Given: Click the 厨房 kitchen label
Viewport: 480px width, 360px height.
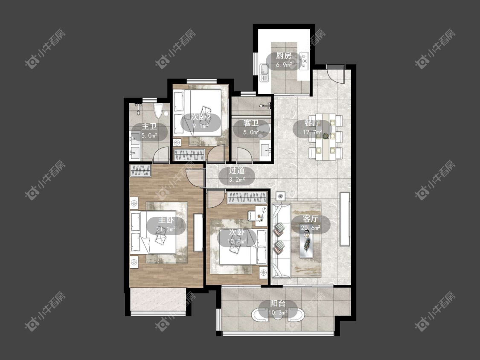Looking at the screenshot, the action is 283,56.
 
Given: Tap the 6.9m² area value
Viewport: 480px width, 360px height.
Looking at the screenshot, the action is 284,65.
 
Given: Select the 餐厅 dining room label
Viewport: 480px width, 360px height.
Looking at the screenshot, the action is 312,123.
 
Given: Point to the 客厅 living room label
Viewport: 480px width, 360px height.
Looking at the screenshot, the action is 311,219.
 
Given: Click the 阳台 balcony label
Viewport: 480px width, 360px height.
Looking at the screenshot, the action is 278,303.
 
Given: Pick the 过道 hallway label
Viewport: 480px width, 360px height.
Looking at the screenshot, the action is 237,171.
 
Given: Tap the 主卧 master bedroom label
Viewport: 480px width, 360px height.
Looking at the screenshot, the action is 166,220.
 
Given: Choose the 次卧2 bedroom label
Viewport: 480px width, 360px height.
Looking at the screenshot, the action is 201,116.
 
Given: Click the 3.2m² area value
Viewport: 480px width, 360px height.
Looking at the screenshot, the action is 237,180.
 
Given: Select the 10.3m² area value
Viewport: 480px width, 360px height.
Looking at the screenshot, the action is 278,313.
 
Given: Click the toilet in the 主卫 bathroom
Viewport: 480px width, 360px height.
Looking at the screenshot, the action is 158,111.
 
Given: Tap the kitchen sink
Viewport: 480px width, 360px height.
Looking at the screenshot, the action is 265,73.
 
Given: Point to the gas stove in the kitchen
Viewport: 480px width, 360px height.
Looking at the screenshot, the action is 305,61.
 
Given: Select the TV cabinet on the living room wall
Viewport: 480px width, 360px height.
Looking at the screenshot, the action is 345,218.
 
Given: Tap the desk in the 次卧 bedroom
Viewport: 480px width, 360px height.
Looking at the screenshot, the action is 261,216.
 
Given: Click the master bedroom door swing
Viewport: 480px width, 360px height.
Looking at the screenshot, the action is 195,177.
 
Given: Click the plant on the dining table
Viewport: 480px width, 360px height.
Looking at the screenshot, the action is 325,136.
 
